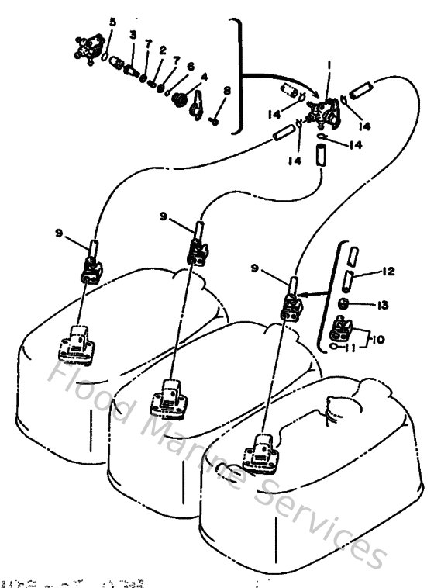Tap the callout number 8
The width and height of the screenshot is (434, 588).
226,91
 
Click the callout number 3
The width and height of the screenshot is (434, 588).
133,36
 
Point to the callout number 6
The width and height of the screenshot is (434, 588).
191,67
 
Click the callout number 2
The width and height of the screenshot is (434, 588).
164,50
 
